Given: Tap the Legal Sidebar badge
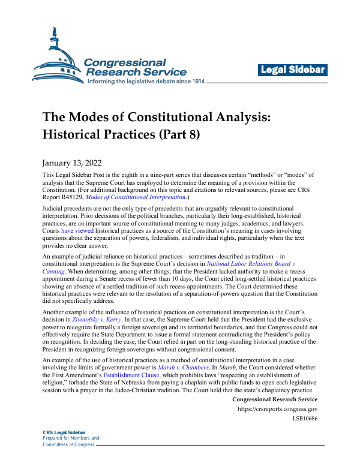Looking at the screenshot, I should [x=293, y=70].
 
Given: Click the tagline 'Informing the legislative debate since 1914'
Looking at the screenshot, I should [x=155, y=82].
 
